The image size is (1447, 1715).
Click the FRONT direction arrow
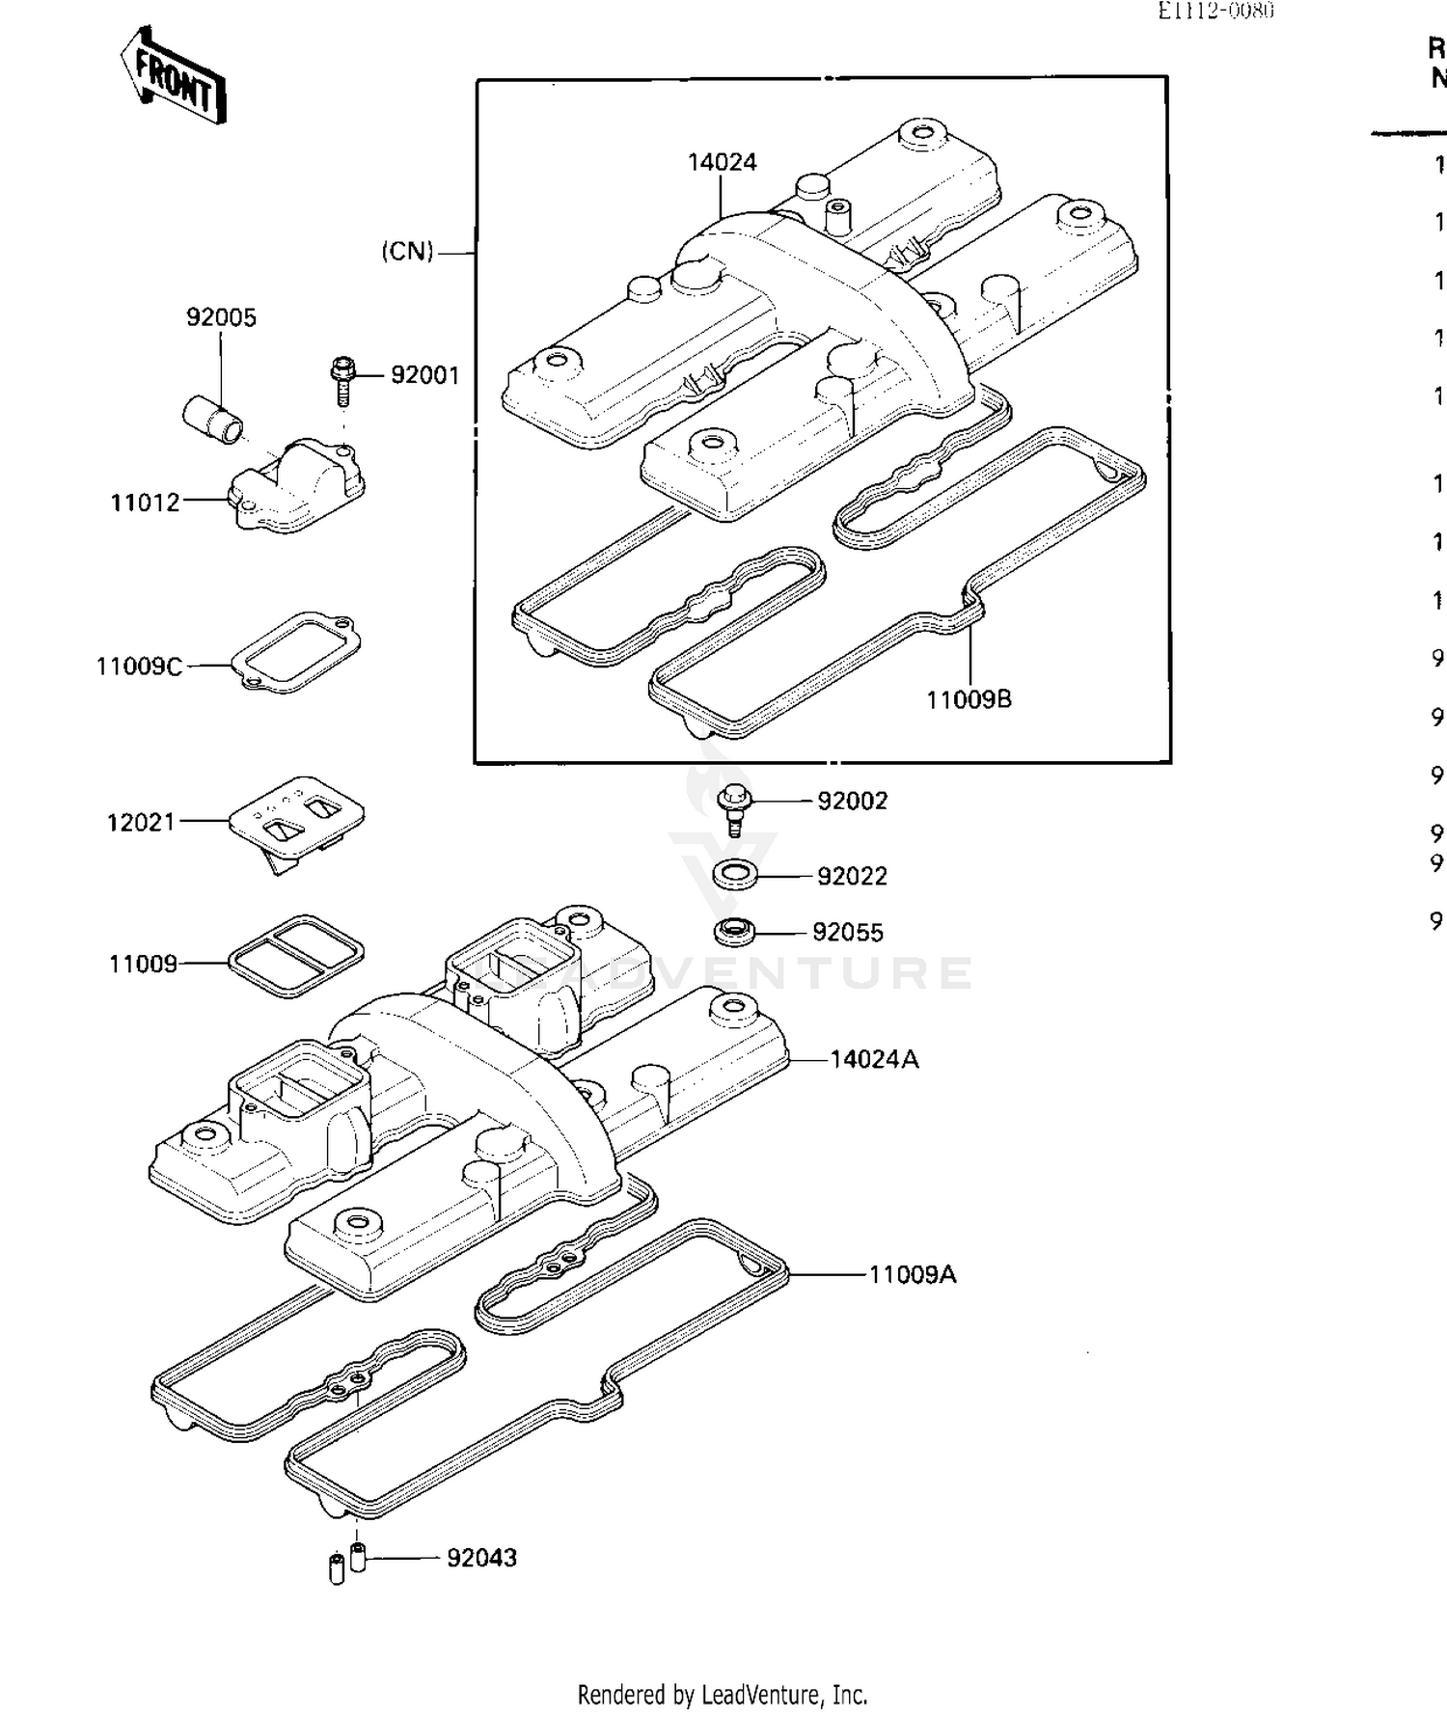click(x=174, y=76)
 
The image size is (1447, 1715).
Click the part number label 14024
click(x=722, y=162)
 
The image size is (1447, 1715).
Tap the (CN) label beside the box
click(x=407, y=252)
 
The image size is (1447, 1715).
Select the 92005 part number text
click(x=221, y=317)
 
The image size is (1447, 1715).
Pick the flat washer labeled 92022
click(x=736, y=876)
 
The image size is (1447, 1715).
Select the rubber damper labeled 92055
click(x=734, y=933)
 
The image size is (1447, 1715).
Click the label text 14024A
click(x=874, y=1059)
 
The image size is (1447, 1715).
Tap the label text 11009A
click(x=912, y=1274)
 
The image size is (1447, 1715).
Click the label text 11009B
click(x=969, y=700)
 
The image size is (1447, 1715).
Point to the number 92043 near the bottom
click(x=481, y=1558)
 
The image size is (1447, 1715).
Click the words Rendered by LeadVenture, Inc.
click(x=723, y=1694)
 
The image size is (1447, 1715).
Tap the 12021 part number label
click(x=141, y=822)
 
